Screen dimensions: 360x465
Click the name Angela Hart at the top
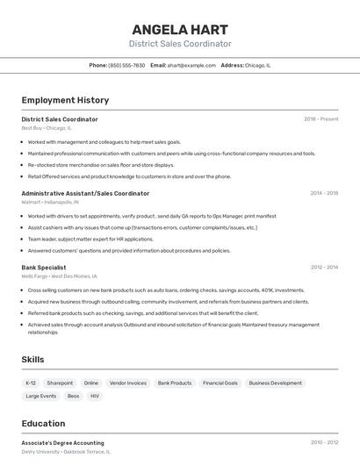pyautogui.click(x=180, y=29)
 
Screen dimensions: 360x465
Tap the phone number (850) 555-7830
pyautogui.click(x=126, y=65)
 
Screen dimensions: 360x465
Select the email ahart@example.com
pyautogui.click(x=191, y=65)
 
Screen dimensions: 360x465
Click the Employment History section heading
pyautogui.click(x=65, y=100)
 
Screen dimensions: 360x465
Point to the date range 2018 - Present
pyautogui.click(x=320, y=119)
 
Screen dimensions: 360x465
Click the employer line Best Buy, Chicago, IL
pyautogui.click(x=47, y=128)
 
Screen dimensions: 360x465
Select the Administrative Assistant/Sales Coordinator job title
pyautogui.click(x=85, y=193)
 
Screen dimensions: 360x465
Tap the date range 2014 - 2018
pyautogui.click(x=323, y=193)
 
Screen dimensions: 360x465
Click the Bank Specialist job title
pyautogui.click(x=44, y=268)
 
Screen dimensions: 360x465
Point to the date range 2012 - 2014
pyautogui.click(x=323, y=268)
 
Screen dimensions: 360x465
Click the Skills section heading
pyautogui.click(x=33, y=360)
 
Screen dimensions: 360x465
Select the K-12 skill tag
pyautogui.click(x=31, y=383)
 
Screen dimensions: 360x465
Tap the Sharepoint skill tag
pyautogui.click(x=60, y=383)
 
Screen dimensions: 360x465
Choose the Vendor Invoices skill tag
pyautogui.click(x=128, y=383)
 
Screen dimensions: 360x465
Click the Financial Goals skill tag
pyautogui.click(x=220, y=383)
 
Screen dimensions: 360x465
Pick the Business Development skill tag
pyautogui.click(x=275, y=383)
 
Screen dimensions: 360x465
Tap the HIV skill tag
pyautogui.click(x=95, y=397)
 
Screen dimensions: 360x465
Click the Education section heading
pyautogui.click(x=43, y=423)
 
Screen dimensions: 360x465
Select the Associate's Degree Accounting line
pyautogui.click(x=62, y=443)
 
